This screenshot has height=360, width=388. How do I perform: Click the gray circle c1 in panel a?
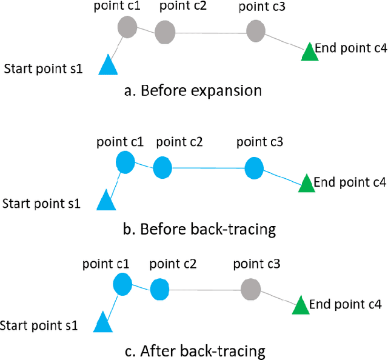click(127, 27)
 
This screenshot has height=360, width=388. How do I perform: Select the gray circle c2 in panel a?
click(165, 32)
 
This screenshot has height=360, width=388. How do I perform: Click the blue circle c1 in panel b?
click(125, 162)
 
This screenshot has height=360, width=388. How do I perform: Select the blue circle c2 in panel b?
click(162, 168)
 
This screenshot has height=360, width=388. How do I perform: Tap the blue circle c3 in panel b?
click(255, 167)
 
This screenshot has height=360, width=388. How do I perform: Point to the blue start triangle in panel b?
click(105, 200)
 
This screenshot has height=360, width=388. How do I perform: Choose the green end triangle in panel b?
click(306, 183)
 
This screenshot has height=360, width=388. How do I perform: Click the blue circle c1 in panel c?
click(122, 283)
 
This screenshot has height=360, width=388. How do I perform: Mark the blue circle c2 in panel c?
click(159, 288)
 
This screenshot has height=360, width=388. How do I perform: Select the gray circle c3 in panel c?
click(250, 289)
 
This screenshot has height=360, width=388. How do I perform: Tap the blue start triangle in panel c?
click(102, 322)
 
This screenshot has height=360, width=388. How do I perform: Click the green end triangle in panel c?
click(300, 305)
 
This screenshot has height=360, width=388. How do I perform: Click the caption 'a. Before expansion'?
click(192, 91)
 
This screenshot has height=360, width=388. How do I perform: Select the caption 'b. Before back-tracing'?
click(199, 230)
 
